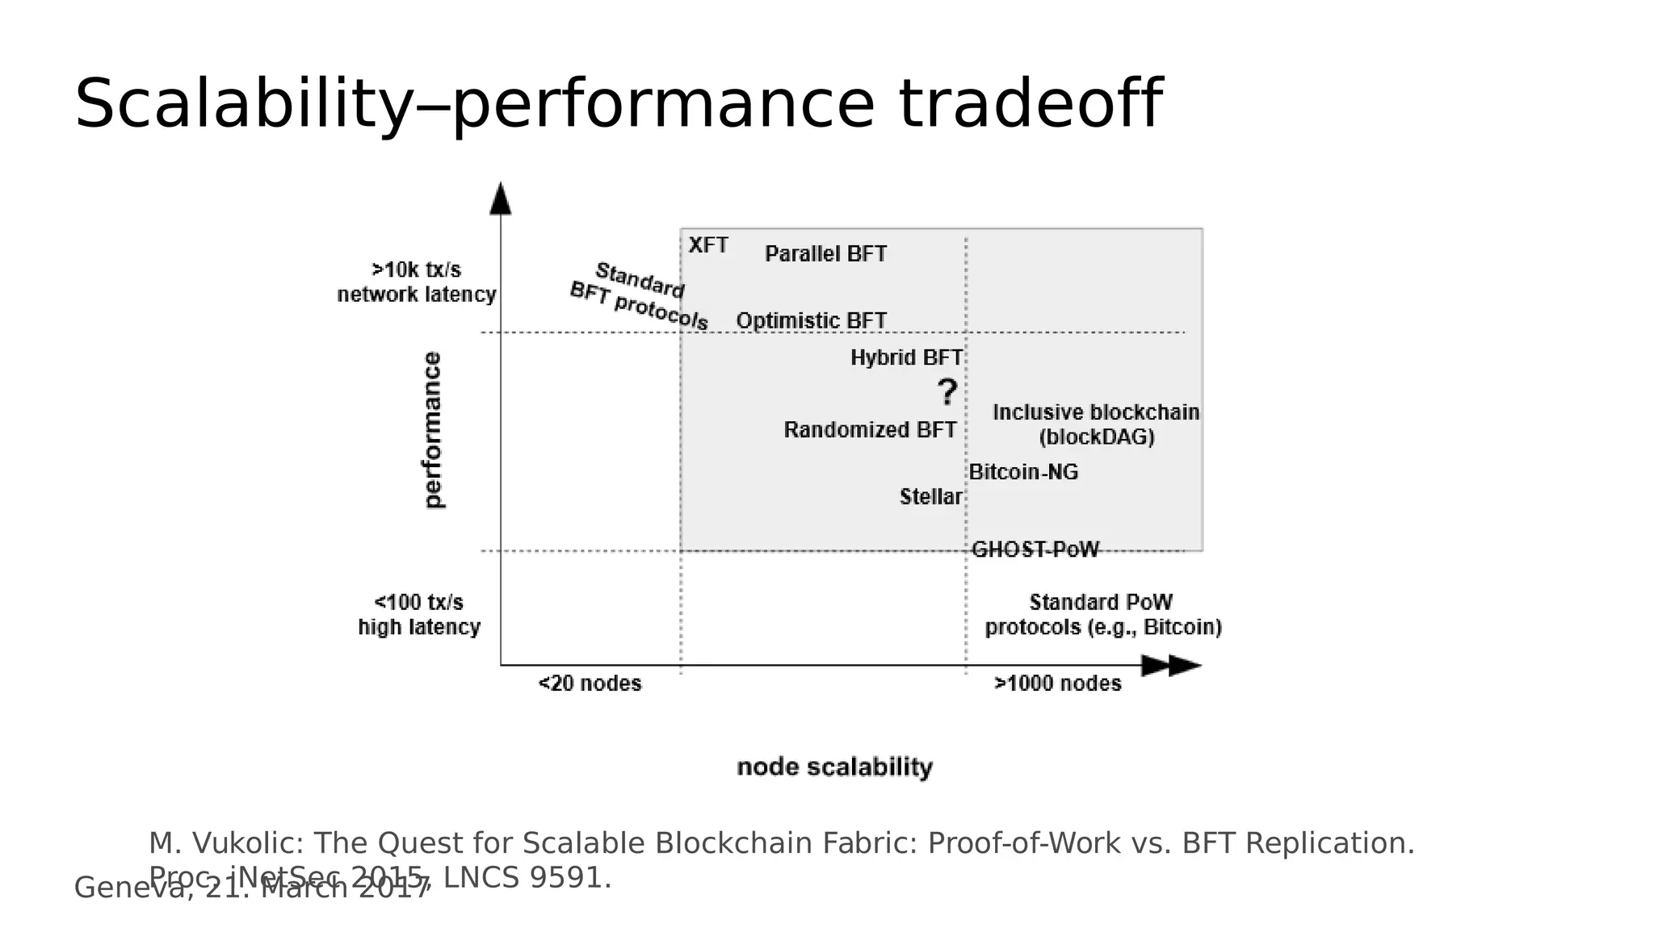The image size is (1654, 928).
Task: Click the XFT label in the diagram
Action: [708, 245]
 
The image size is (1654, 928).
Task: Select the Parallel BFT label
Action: [825, 254]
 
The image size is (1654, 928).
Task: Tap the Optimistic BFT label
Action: [811, 321]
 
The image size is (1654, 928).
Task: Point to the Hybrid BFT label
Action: [906, 357]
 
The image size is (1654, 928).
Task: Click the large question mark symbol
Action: [947, 393]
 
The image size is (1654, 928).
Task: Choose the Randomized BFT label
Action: [870, 430]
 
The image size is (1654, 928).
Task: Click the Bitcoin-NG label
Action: [1023, 472]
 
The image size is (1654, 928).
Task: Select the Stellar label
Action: [930, 497]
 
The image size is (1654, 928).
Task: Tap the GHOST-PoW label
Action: [1035, 550]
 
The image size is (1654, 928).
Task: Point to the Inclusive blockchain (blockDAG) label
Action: [1096, 424]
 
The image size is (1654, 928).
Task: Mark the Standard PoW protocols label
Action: [1102, 615]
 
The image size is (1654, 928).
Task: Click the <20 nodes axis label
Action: [590, 683]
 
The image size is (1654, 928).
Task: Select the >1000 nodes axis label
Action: [1057, 683]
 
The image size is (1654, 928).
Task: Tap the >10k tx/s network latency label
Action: [416, 282]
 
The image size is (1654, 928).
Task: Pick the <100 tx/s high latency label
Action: [419, 615]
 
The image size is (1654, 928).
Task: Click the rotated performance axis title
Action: [434, 429]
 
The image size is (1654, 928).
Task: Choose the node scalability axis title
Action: [834, 767]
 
